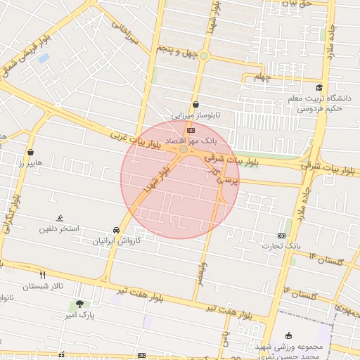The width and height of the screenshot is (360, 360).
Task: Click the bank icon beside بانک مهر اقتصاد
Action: pyautogui.click(x=191, y=131)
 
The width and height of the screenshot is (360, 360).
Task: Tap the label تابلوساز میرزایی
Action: pyautogui.click(x=198, y=113)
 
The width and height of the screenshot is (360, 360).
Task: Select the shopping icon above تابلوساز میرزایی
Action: pyautogui.click(x=195, y=104)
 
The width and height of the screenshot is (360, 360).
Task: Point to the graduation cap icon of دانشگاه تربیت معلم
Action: pyautogui.click(x=319, y=88)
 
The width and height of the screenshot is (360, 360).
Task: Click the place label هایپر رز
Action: pyautogui.click(x=31, y=162)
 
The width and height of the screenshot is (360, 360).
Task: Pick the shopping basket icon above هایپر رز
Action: pyautogui.click(x=31, y=152)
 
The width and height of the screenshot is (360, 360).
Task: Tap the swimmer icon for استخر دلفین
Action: pyautogui.click(x=60, y=219)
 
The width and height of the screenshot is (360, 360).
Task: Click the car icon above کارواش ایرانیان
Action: pyautogui.click(x=116, y=230)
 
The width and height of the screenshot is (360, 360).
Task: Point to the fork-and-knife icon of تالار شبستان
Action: pyautogui.click(x=43, y=276)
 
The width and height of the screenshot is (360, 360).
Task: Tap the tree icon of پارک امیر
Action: pyautogui.click(x=79, y=304)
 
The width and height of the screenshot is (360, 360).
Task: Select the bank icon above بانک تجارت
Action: pyautogui.click(x=282, y=236)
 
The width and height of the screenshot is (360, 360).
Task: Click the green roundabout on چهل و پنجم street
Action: pyautogui.click(x=204, y=56)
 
